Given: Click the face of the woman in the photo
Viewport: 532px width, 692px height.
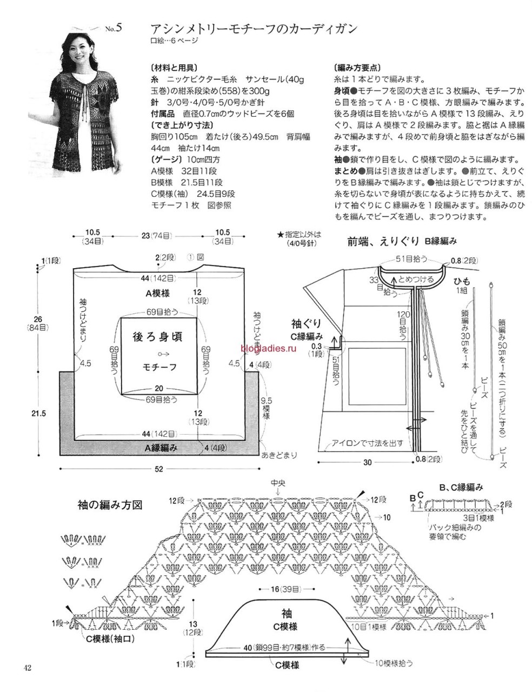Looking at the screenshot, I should pos(76,47).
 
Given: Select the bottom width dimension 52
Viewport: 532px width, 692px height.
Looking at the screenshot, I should pos(158,469).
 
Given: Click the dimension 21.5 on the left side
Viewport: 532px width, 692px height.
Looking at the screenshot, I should pos(38,414).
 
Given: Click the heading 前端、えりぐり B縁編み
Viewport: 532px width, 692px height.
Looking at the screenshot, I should pos(402,242).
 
